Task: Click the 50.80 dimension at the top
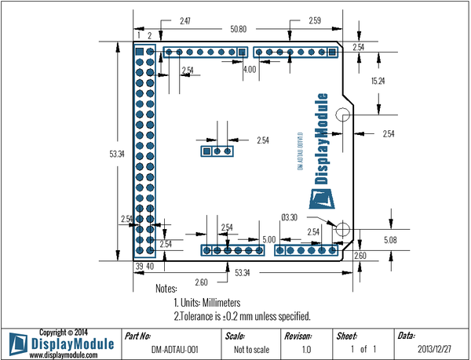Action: tap(239, 29)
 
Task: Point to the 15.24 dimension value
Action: tap(378, 81)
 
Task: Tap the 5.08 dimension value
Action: tap(390, 238)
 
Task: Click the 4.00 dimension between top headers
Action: tap(250, 70)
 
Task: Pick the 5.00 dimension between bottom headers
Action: tap(268, 239)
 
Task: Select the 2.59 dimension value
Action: tap(315, 19)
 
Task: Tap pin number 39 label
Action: tap(139, 267)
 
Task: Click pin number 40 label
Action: tap(150, 267)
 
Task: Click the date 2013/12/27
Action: tap(435, 348)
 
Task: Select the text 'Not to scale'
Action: tap(250, 348)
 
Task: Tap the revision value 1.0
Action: tap(307, 348)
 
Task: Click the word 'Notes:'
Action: tap(167, 289)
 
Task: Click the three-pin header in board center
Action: tap(217, 151)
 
